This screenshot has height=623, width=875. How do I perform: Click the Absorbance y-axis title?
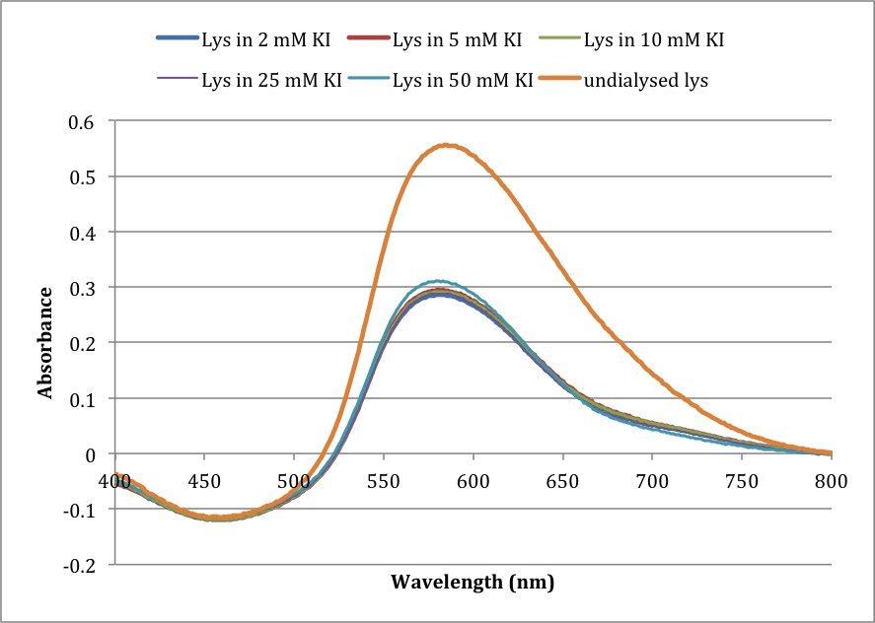click(x=45, y=342)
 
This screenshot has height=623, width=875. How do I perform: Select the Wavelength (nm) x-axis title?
click(x=473, y=582)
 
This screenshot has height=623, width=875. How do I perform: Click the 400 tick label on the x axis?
click(x=114, y=481)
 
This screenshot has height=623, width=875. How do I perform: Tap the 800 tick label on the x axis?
click(x=832, y=481)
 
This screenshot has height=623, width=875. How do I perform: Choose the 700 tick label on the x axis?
click(x=652, y=481)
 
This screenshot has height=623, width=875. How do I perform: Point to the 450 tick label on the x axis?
click(x=204, y=481)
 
